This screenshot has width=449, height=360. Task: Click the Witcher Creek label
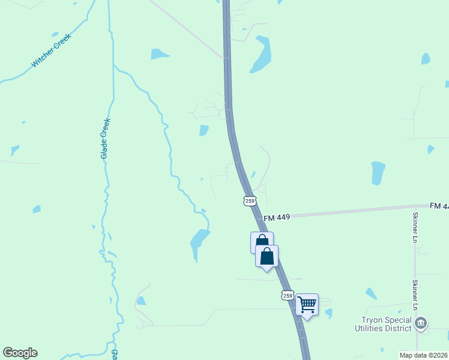(51, 50)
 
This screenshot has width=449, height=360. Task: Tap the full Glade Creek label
(104, 139)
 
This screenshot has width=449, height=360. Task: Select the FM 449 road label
(277, 217)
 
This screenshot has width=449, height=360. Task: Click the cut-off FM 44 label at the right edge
(439, 206)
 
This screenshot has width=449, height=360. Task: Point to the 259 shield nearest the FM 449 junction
(250, 201)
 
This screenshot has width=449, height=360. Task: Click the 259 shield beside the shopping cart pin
(288, 296)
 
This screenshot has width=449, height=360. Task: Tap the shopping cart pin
(307, 305)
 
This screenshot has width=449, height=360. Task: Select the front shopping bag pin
(267, 256)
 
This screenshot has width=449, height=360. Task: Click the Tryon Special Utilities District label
(386, 324)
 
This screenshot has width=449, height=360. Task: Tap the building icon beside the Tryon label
(421, 324)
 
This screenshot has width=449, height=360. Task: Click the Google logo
(20, 353)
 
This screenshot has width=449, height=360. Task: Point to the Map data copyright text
(423, 355)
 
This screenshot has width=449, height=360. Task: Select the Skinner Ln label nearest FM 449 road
(415, 227)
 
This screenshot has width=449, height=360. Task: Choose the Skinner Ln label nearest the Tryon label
(415, 294)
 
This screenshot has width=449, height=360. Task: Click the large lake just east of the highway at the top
(261, 55)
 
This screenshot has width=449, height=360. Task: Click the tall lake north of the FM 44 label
(378, 173)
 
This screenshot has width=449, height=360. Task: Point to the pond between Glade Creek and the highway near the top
(159, 54)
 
